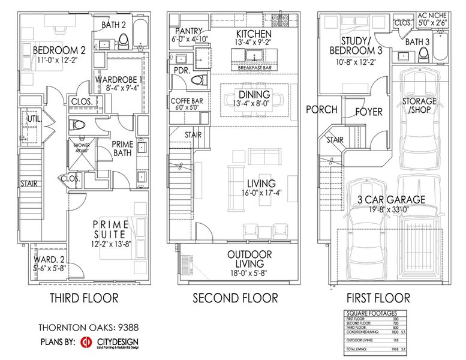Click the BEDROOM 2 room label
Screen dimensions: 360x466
(x=55, y=49)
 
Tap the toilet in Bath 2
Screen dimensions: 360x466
(x=125, y=41)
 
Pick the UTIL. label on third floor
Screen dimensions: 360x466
(x=32, y=121)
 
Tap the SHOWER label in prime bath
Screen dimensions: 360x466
(x=80, y=145)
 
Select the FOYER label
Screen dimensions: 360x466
(x=369, y=112)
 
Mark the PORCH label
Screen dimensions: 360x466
(x=321, y=110)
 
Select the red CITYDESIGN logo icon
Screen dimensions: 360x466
(x=86, y=342)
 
